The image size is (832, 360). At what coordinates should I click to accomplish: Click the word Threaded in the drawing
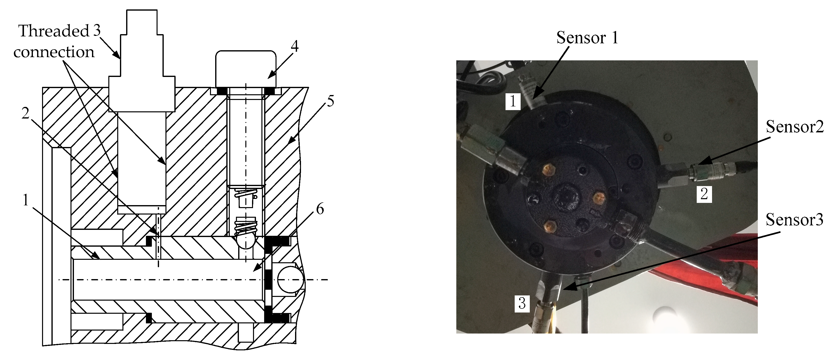(x=54, y=31)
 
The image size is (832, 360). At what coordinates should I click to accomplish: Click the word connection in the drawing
(x=54, y=52)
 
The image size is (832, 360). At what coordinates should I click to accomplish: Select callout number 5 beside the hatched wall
(x=330, y=101)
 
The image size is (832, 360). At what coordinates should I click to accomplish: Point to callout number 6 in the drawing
(x=320, y=209)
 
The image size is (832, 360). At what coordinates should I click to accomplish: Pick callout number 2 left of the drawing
(x=25, y=113)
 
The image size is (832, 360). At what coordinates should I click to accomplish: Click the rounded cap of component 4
(x=246, y=69)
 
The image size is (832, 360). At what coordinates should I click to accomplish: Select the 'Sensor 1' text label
(x=587, y=38)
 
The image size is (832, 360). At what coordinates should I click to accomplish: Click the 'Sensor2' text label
(x=795, y=127)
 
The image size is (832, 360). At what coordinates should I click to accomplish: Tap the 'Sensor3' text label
(x=794, y=220)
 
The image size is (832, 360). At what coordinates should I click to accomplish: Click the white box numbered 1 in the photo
(x=513, y=101)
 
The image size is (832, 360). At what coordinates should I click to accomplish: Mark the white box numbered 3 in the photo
(x=522, y=303)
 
